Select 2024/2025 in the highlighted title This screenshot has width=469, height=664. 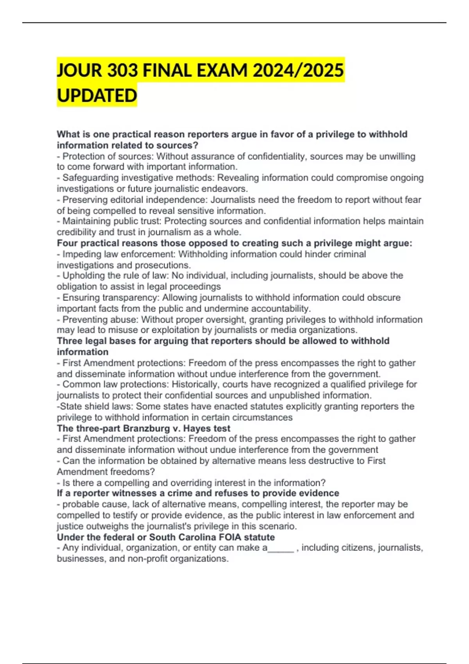click(x=298, y=71)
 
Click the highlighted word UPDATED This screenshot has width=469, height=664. click(x=97, y=96)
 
